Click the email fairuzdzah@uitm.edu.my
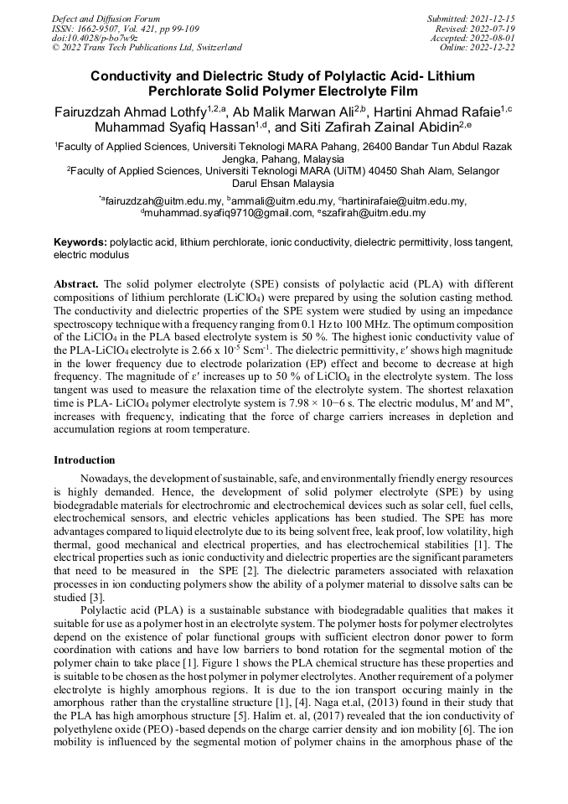click(x=163, y=201)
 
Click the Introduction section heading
click(x=85, y=460)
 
